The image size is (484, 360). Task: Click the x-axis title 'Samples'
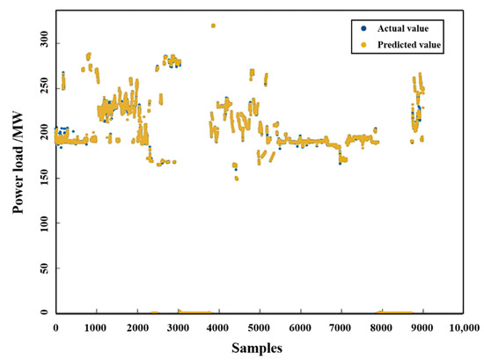(257, 348)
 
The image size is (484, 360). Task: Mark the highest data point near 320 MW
(213, 26)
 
